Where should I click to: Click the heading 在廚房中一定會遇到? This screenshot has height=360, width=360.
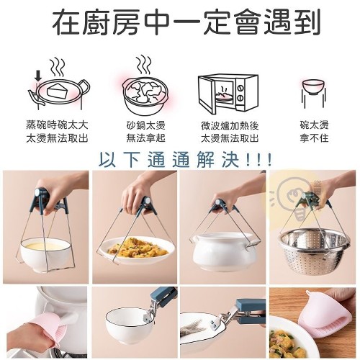(x=186, y=23)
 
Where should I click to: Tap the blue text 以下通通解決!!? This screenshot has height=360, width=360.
(x=185, y=159)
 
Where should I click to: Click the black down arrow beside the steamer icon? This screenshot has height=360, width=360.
(x=38, y=76)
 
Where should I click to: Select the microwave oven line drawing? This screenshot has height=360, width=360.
(x=228, y=95)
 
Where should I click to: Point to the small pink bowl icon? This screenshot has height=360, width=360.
(x=313, y=88)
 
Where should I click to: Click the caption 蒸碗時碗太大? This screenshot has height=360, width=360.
(x=57, y=125)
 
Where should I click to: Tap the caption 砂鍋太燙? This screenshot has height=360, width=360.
(x=146, y=125)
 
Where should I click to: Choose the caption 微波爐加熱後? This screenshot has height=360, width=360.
(x=230, y=125)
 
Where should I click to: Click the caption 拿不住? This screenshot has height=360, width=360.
(x=314, y=138)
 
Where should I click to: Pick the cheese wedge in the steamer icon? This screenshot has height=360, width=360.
(x=58, y=91)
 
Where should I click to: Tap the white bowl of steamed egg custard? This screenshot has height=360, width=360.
(x=45, y=254)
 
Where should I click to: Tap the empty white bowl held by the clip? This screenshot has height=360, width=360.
(x=127, y=325)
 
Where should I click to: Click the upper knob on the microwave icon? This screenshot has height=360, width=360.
(x=240, y=87)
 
